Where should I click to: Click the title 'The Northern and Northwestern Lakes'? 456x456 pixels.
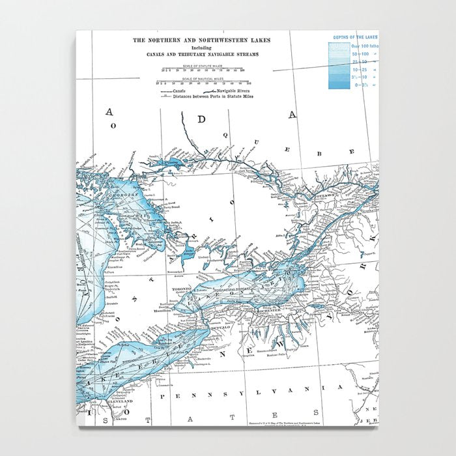pos(201,40)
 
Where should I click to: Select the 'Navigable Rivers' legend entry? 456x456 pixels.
pos(235,91)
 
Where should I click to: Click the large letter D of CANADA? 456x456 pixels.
pos(202,119)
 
